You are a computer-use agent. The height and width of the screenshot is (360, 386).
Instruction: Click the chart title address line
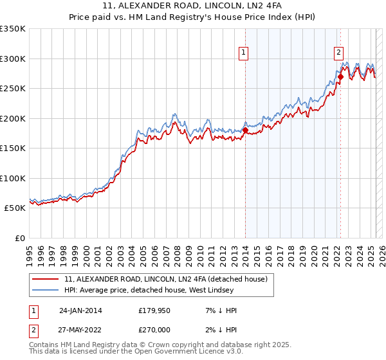(192, 8)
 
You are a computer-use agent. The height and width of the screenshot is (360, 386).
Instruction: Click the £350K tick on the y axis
(12, 29)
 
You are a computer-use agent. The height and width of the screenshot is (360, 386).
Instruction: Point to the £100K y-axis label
(12, 178)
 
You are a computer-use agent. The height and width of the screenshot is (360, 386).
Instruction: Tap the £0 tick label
(21, 238)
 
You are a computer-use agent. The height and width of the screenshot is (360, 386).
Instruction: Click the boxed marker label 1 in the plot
(244, 53)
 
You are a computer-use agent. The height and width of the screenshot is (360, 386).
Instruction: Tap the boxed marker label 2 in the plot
(338, 53)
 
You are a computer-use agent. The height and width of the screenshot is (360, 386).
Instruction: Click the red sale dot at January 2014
(245, 130)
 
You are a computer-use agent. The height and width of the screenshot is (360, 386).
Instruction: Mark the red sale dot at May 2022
(340, 76)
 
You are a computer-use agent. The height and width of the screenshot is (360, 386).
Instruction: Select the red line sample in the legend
(46, 279)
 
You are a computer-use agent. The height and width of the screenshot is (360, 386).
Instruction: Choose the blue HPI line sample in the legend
(46, 290)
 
